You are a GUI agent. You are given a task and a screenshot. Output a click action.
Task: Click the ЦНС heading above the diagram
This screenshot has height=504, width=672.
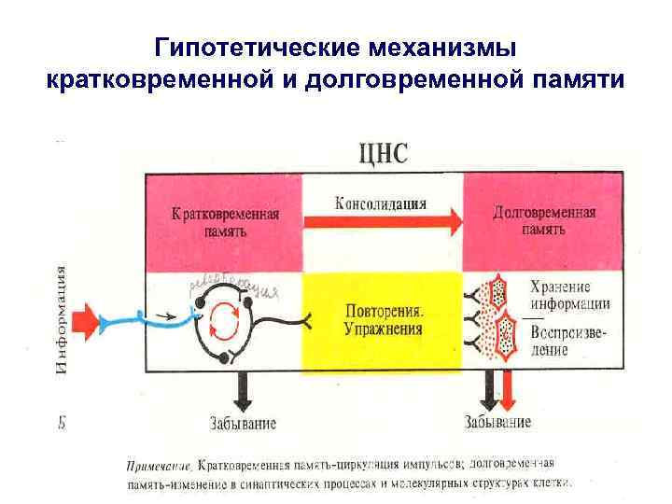coord(384,153)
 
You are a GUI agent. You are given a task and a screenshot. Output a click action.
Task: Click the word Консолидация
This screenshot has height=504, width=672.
coord(381,203)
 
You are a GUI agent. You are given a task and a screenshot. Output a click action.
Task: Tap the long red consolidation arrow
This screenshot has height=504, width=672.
coord(383,222)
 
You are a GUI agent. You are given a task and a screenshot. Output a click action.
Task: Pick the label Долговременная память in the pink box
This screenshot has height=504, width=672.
coord(544,219)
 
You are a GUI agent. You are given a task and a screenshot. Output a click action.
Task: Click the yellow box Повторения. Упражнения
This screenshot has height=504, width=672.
coord(383,319)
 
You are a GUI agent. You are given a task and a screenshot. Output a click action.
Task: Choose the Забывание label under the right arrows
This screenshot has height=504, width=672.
coord(497,423)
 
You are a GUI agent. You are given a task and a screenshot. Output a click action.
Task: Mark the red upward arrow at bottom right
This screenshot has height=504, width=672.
coord(507,390)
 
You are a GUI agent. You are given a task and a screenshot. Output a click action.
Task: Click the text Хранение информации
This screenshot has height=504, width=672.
coord(569,295)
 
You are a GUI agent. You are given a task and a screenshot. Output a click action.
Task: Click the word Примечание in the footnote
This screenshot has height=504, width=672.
coord(160,464)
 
